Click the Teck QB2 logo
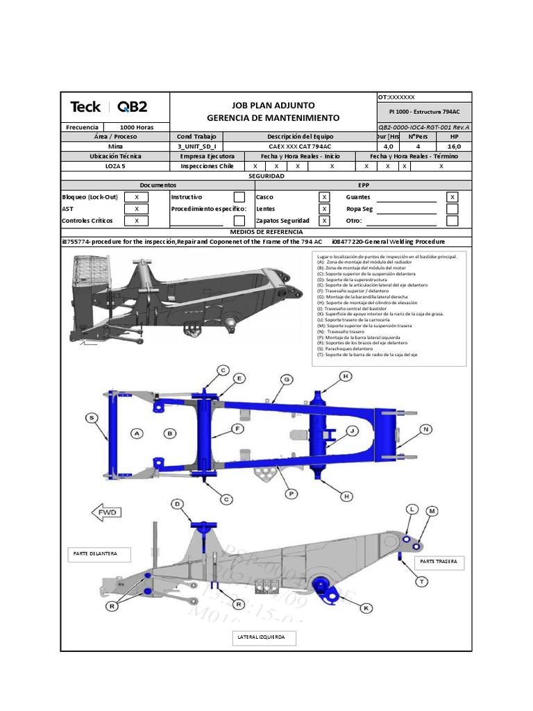point(109,107)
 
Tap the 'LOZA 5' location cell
point(116,167)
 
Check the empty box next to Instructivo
point(239,197)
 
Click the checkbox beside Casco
point(324,197)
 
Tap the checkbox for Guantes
point(452,197)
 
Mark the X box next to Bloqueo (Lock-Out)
point(137,197)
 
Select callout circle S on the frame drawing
point(91,417)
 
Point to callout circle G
point(285,379)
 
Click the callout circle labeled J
point(353,431)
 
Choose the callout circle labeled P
point(292,494)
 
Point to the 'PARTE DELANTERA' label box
point(95,553)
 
